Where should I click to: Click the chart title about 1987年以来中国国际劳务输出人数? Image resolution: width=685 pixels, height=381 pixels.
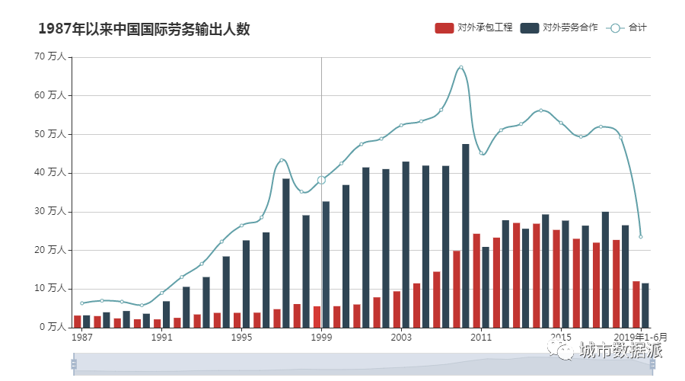[144, 29]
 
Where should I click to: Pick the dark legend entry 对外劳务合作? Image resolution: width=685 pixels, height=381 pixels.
[560, 28]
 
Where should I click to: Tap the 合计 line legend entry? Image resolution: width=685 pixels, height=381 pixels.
[628, 28]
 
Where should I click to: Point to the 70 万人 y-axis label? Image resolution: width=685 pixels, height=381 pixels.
[50, 57]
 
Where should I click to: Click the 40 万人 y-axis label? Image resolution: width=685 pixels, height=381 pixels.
[50, 173]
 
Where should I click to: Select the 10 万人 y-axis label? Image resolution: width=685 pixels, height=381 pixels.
[50, 289]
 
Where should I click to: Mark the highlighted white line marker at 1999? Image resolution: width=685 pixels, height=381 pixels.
[321, 180]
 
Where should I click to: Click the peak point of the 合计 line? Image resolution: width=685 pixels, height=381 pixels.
[460, 67]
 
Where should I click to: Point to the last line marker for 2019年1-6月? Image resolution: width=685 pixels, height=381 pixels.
[641, 237]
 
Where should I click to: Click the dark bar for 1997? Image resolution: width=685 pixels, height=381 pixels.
[286, 252]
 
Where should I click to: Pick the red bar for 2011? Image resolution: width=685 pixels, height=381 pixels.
[476, 280]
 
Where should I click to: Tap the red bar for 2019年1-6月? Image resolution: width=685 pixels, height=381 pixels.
[636, 304]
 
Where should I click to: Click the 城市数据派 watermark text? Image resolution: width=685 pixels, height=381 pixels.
[620, 351]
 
